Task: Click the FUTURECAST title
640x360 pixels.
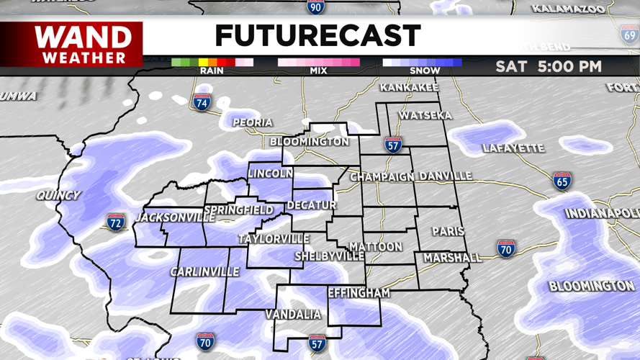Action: pyautogui.click(x=317, y=35)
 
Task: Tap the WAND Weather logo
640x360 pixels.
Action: pyautogui.click(x=84, y=45)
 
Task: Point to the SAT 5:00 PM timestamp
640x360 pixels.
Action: pyautogui.click(x=549, y=66)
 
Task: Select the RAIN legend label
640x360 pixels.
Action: pyautogui.click(x=212, y=71)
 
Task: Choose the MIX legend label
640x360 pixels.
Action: pyautogui.click(x=318, y=71)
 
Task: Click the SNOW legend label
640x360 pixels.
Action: pyautogui.click(x=425, y=71)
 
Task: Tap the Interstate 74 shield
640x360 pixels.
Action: pyautogui.click(x=202, y=102)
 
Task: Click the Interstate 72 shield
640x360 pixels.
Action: pyautogui.click(x=115, y=222)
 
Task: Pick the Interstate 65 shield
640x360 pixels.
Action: pyautogui.click(x=562, y=181)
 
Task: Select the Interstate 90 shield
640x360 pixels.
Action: pyautogui.click(x=315, y=7)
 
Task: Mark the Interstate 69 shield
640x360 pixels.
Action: pyautogui.click(x=630, y=34)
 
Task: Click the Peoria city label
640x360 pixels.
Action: pyautogui.click(x=253, y=122)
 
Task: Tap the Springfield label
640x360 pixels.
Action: pyautogui.click(x=238, y=210)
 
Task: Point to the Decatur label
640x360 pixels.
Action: pyautogui.click(x=312, y=205)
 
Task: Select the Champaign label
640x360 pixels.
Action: pyautogui.click(x=382, y=176)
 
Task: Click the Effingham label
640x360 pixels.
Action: pyautogui.click(x=359, y=293)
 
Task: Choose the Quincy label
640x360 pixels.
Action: pyautogui.click(x=58, y=195)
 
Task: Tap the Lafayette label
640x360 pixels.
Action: pyautogui.click(x=513, y=148)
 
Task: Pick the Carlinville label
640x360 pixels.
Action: pyautogui.click(x=204, y=271)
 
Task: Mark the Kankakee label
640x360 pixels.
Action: pyautogui.click(x=409, y=87)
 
